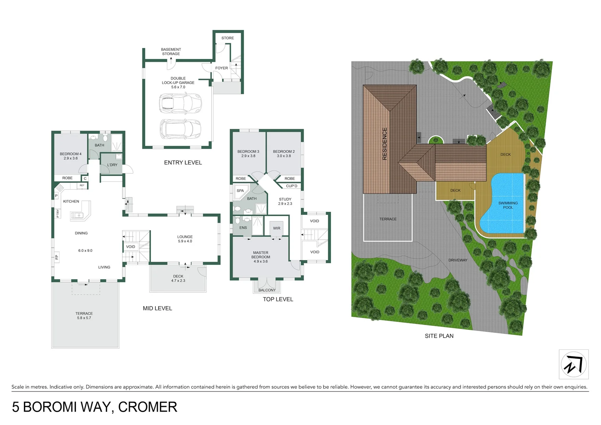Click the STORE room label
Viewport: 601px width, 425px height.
(x=227, y=38)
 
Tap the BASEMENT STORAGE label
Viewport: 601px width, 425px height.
(x=171, y=52)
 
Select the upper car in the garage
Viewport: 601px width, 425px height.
(x=180, y=103)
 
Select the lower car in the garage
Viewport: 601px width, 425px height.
(x=180, y=129)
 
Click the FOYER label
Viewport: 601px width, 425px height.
(x=221, y=68)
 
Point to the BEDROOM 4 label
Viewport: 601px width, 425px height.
(x=70, y=154)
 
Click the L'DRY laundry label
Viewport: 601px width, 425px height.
(x=112, y=165)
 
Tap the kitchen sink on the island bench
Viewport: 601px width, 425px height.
(x=77, y=215)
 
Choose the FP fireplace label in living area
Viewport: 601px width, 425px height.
(x=57, y=257)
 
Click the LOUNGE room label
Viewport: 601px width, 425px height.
(x=185, y=237)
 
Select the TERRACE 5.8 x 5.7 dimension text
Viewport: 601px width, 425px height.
(x=84, y=318)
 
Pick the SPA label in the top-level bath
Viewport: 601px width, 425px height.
(x=240, y=190)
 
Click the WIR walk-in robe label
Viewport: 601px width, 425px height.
(x=277, y=228)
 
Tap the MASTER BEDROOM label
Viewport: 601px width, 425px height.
(x=260, y=255)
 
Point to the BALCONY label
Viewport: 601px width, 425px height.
(x=267, y=290)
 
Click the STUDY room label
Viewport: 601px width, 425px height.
(x=285, y=199)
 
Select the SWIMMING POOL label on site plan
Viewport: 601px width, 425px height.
(x=508, y=205)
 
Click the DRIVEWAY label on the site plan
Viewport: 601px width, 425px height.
(x=457, y=260)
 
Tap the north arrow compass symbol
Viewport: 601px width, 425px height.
(x=573, y=364)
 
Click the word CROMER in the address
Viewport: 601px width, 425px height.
(x=147, y=407)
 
